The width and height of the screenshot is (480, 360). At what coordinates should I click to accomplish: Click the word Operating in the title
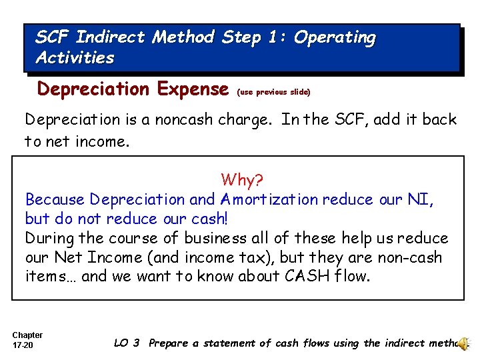(x=335, y=38)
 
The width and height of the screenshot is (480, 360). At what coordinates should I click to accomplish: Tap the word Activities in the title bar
(x=75, y=58)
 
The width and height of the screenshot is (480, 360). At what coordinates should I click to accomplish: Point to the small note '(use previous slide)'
(x=274, y=91)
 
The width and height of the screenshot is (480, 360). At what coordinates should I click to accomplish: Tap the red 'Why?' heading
(x=242, y=180)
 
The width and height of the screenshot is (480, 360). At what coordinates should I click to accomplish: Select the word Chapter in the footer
(x=27, y=335)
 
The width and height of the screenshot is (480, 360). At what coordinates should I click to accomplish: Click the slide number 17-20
(x=22, y=346)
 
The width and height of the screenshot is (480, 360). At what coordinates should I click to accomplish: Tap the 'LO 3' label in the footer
(x=127, y=343)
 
